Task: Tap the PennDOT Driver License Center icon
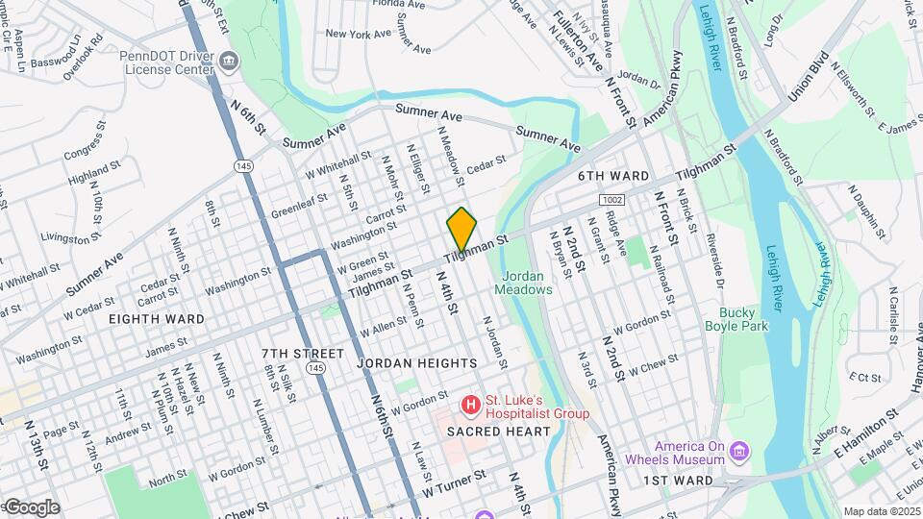(x=230, y=63)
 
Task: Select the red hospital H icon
(x=471, y=406)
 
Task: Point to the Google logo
(x=31, y=507)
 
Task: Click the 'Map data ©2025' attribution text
(x=881, y=511)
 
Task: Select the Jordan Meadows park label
(x=526, y=282)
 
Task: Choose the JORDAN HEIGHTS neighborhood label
(x=416, y=363)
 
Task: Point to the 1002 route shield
(x=611, y=199)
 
